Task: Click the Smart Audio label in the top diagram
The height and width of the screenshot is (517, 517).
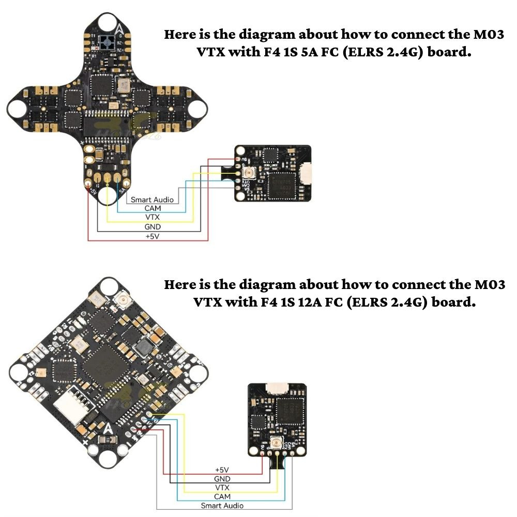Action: pos(151,199)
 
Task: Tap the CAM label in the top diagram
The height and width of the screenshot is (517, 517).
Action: pos(153,208)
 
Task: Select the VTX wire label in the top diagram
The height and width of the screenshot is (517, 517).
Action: pos(153,218)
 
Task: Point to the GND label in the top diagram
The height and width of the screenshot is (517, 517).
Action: pos(153,227)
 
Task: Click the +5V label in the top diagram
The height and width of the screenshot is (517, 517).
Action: pos(153,236)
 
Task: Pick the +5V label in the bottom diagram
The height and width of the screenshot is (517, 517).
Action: pos(222,469)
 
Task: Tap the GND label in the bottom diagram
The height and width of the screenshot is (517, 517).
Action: pos(222,479)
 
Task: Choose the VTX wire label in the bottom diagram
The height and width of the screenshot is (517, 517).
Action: pos(222,488)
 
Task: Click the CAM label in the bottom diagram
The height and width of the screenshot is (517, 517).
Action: pos(222,496)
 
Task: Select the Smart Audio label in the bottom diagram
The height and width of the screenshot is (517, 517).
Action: pos(222,506)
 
